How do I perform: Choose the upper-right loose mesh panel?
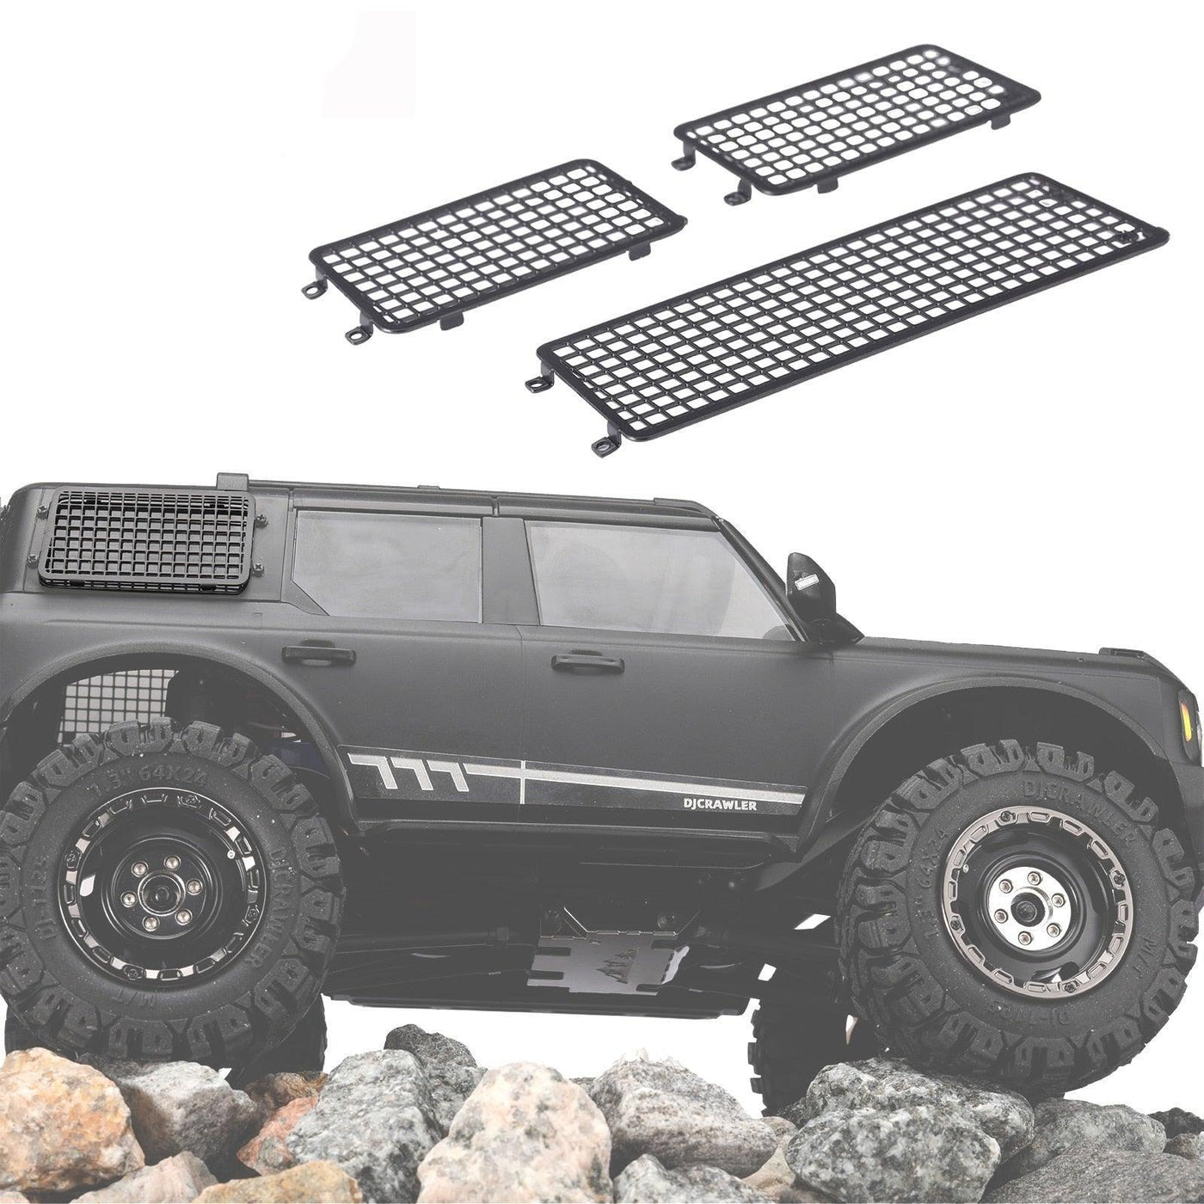pyautogui.click(x=857, y=120)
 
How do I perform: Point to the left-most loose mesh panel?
pyautogui.click(x=496, y=247)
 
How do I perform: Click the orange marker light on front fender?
pyautogui.click(x=1192, y=728)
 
